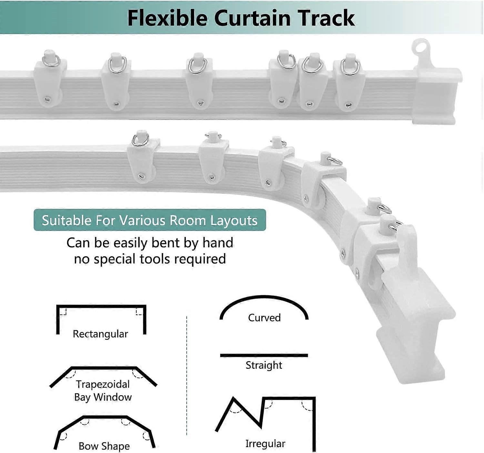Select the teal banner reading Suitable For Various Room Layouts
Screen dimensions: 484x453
pyautogui.click(x=150, y=220)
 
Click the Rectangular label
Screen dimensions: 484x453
pyautogui.click(x=100, y=334)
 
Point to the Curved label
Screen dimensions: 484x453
pyautogui.click(x=264, y=318)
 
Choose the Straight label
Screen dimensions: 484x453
pyautogui.click(x=264, y=365)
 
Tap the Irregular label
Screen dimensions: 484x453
pyautogui.click(x=265, y=444)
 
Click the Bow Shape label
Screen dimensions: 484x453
pyautogui.click(x=104, y=446)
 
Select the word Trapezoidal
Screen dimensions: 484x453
pyautogui.click(x=103, y=384)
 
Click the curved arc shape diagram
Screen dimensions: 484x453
pyautogui.click(x=264, y=297)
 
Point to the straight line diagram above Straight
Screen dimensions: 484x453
pyautogui.click(x=264, y=356)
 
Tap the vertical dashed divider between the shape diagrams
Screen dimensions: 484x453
pyautogui.click(x=187, y=376)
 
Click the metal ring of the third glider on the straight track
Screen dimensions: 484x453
pyautogui.click(x=197, y=66)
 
